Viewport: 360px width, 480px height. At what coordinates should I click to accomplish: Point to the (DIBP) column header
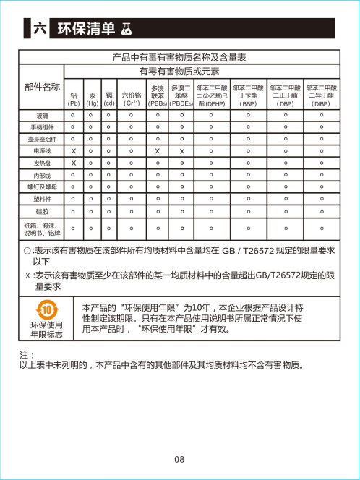(x=321, y=99)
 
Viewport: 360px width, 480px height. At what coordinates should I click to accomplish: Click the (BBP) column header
(x=248, y=99)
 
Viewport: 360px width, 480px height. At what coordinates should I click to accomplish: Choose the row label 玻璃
(x=43, y=115)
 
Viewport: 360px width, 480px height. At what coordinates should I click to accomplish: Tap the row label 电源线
(x=43, y=150)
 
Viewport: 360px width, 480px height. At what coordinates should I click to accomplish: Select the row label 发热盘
(x=43, y=163)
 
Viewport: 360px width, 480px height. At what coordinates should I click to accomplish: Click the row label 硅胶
(x=43, y=210)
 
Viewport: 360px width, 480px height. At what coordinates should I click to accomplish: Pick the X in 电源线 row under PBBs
(x=158, y=151)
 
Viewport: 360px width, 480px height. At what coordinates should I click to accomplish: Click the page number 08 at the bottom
(x=179, y=459)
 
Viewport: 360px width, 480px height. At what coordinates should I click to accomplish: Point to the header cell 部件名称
(x=42, y=87)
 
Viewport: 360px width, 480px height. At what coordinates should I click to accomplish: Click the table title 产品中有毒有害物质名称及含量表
(x=180, y=57)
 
